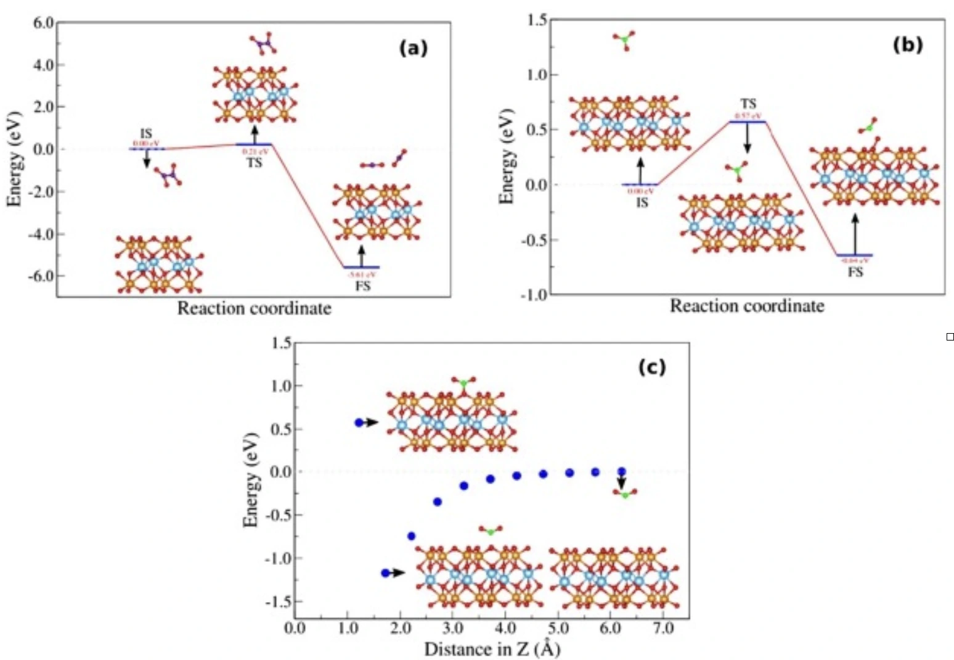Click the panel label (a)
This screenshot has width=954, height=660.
coord(413,48)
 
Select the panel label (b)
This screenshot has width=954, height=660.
coord(907,44)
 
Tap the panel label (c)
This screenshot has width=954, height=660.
coord(652,367)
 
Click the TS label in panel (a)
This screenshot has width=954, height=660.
coord(255,163)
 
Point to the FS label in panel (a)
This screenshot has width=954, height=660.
coord(363,286)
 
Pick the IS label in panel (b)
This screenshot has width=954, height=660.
coord(642,202)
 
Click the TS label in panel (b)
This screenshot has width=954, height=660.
coord(748,104)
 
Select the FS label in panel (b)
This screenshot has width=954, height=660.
coord(855,272)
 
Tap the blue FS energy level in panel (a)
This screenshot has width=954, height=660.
coord(362,267)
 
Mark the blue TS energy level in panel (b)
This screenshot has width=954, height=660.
coord(748,122)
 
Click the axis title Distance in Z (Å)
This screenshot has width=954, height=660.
coord(492,649)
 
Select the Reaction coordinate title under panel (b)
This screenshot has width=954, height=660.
coord(746,306)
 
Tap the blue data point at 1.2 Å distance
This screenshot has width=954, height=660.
coord(359,423)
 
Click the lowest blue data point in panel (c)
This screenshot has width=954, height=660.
coord(386,573)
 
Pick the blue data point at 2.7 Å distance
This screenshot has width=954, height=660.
coord(438,501)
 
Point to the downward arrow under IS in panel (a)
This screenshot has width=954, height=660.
coord(147,160)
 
